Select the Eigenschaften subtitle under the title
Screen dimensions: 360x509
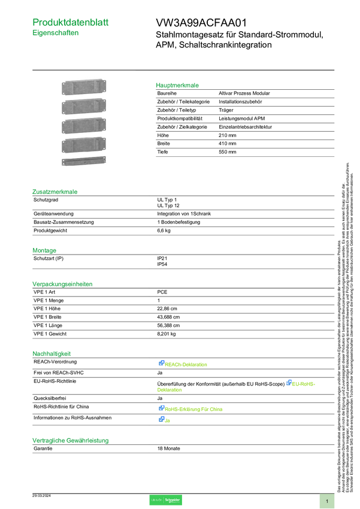[x=56, y=34]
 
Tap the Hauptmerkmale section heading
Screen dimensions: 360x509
[x=177, y=85]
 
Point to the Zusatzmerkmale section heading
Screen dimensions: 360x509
[x=55, y=192]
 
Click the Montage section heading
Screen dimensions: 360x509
[x=45, y=250]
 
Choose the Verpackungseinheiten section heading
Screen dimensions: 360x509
[x=62, y=283]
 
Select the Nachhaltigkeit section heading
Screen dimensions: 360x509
[x=52, y=353]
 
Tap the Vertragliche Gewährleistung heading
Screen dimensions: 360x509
[x=70, y=440]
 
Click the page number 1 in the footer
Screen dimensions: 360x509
[x=327, y=501]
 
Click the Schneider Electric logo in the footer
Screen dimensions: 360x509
[x=165, y=501]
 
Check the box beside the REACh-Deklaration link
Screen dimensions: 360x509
[x=162, y=363]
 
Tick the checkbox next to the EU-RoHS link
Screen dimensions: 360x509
[x=289, y=383]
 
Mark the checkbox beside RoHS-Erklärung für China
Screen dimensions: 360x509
[x=162, y=408]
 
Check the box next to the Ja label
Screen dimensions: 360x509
[x=162, y=420]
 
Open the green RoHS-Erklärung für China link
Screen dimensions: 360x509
[x=195, y=409]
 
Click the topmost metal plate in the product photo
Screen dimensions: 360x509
[x=83, y=87]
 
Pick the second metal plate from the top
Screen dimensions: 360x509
[x=83, y=107]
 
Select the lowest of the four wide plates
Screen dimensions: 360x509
[x=83, y=146]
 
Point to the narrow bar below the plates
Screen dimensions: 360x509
[x=83, y=162]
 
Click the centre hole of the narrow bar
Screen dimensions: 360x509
[x=84, y=162]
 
